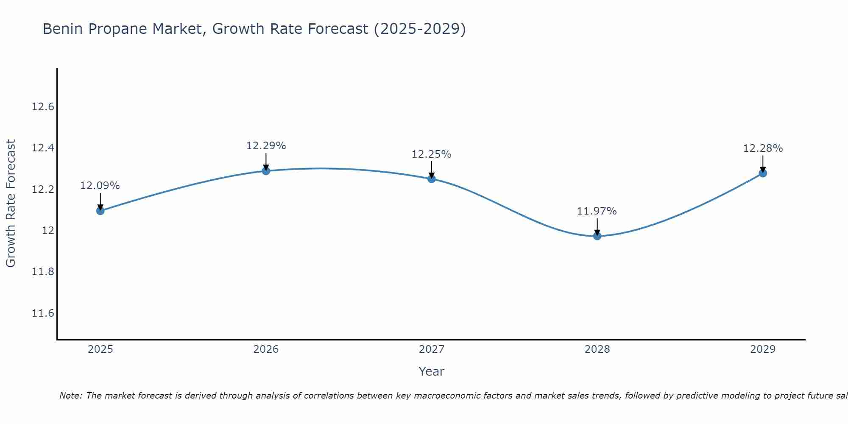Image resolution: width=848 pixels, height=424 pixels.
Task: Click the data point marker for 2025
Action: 100,211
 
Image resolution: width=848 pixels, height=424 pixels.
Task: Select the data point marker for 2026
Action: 266,171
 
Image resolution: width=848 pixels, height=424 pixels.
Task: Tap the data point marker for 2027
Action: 432,179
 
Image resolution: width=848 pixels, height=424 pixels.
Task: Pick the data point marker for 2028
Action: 597,236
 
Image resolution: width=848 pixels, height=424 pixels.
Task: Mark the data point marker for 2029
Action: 763,173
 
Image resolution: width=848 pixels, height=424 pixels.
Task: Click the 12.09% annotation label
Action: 100,186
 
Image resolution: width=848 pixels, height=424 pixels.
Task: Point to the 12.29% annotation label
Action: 266,146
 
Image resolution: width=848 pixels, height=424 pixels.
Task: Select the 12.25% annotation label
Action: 431,154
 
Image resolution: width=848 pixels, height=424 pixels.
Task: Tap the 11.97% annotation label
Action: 597,211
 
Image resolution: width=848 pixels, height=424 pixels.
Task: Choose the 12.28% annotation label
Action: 763,148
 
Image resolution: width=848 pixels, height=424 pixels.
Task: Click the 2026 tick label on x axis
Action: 266,349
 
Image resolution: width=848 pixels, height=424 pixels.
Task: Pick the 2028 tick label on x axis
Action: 597,349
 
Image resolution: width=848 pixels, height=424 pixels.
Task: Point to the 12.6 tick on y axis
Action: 43,107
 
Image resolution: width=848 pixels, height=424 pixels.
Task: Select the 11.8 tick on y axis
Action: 43,272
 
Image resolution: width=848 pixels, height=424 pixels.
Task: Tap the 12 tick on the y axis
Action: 48,231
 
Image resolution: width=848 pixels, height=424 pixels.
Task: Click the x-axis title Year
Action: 431,371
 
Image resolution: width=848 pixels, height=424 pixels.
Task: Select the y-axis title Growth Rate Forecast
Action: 11,203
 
